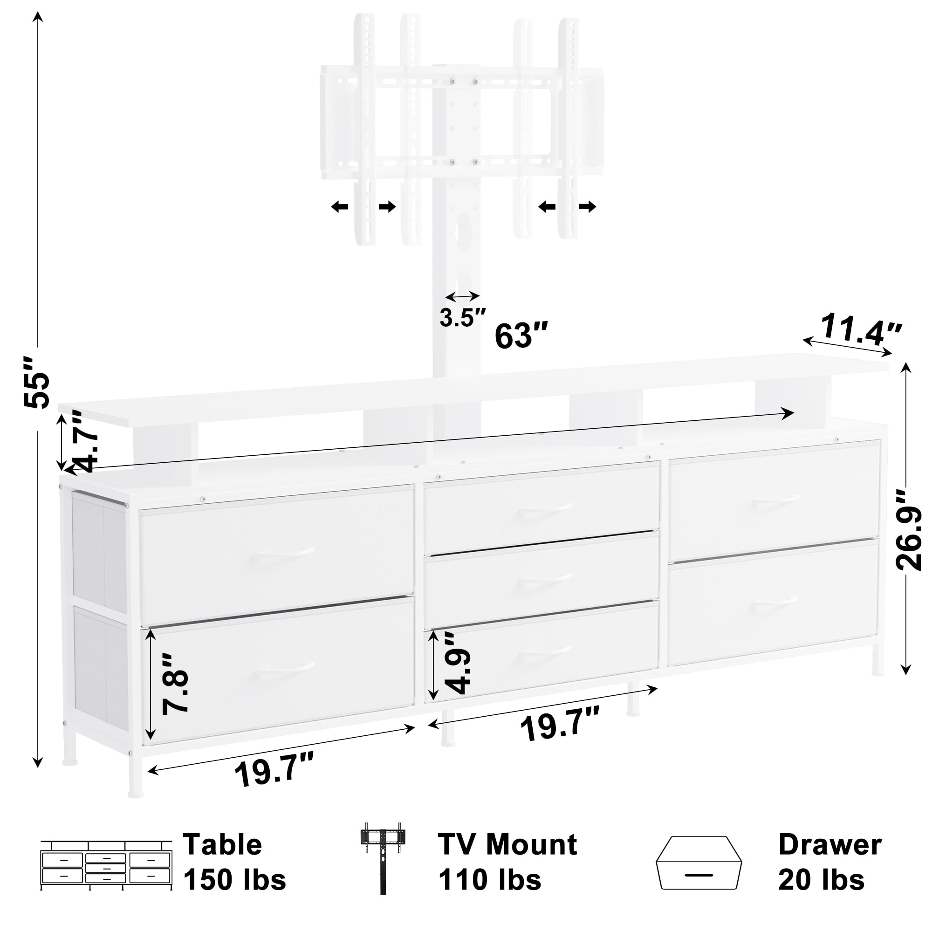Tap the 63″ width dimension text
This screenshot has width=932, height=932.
521,336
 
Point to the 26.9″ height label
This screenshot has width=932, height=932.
909,531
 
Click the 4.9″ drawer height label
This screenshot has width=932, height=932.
457,663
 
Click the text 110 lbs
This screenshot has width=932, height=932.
489,879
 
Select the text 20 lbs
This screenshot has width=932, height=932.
821,879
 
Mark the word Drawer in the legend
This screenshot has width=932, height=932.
830,845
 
